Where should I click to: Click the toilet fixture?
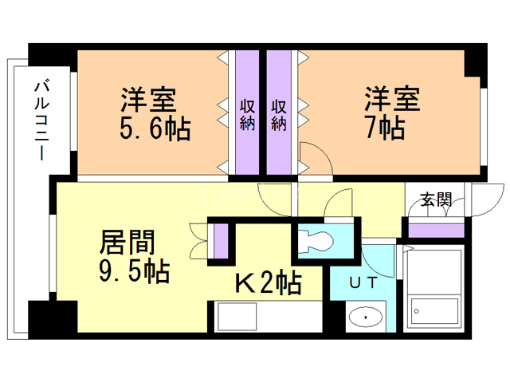click(x=315, y=241)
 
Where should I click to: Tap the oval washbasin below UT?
click(x=366, y=317)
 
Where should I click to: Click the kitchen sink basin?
click(x=237, y=316)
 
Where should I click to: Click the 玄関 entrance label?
click(x=436, y=199)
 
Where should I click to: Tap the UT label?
click(x=363, y=282)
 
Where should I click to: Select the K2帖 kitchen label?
click(x=268, y=283)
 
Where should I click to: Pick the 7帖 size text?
click(x=386, y=128)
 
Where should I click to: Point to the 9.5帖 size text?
click(x=135, y=270)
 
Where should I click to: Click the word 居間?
click(x=127, y=242)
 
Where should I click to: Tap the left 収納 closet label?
click(x=248, y=115)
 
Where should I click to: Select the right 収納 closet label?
click(x=279, y=115)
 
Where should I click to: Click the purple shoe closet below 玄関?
click(x=436, y=231)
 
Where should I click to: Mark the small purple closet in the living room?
click(x=221, y=241)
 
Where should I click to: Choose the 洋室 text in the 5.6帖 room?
click(x=149, y=99)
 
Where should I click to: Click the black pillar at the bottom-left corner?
click(x=53, y=316)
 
